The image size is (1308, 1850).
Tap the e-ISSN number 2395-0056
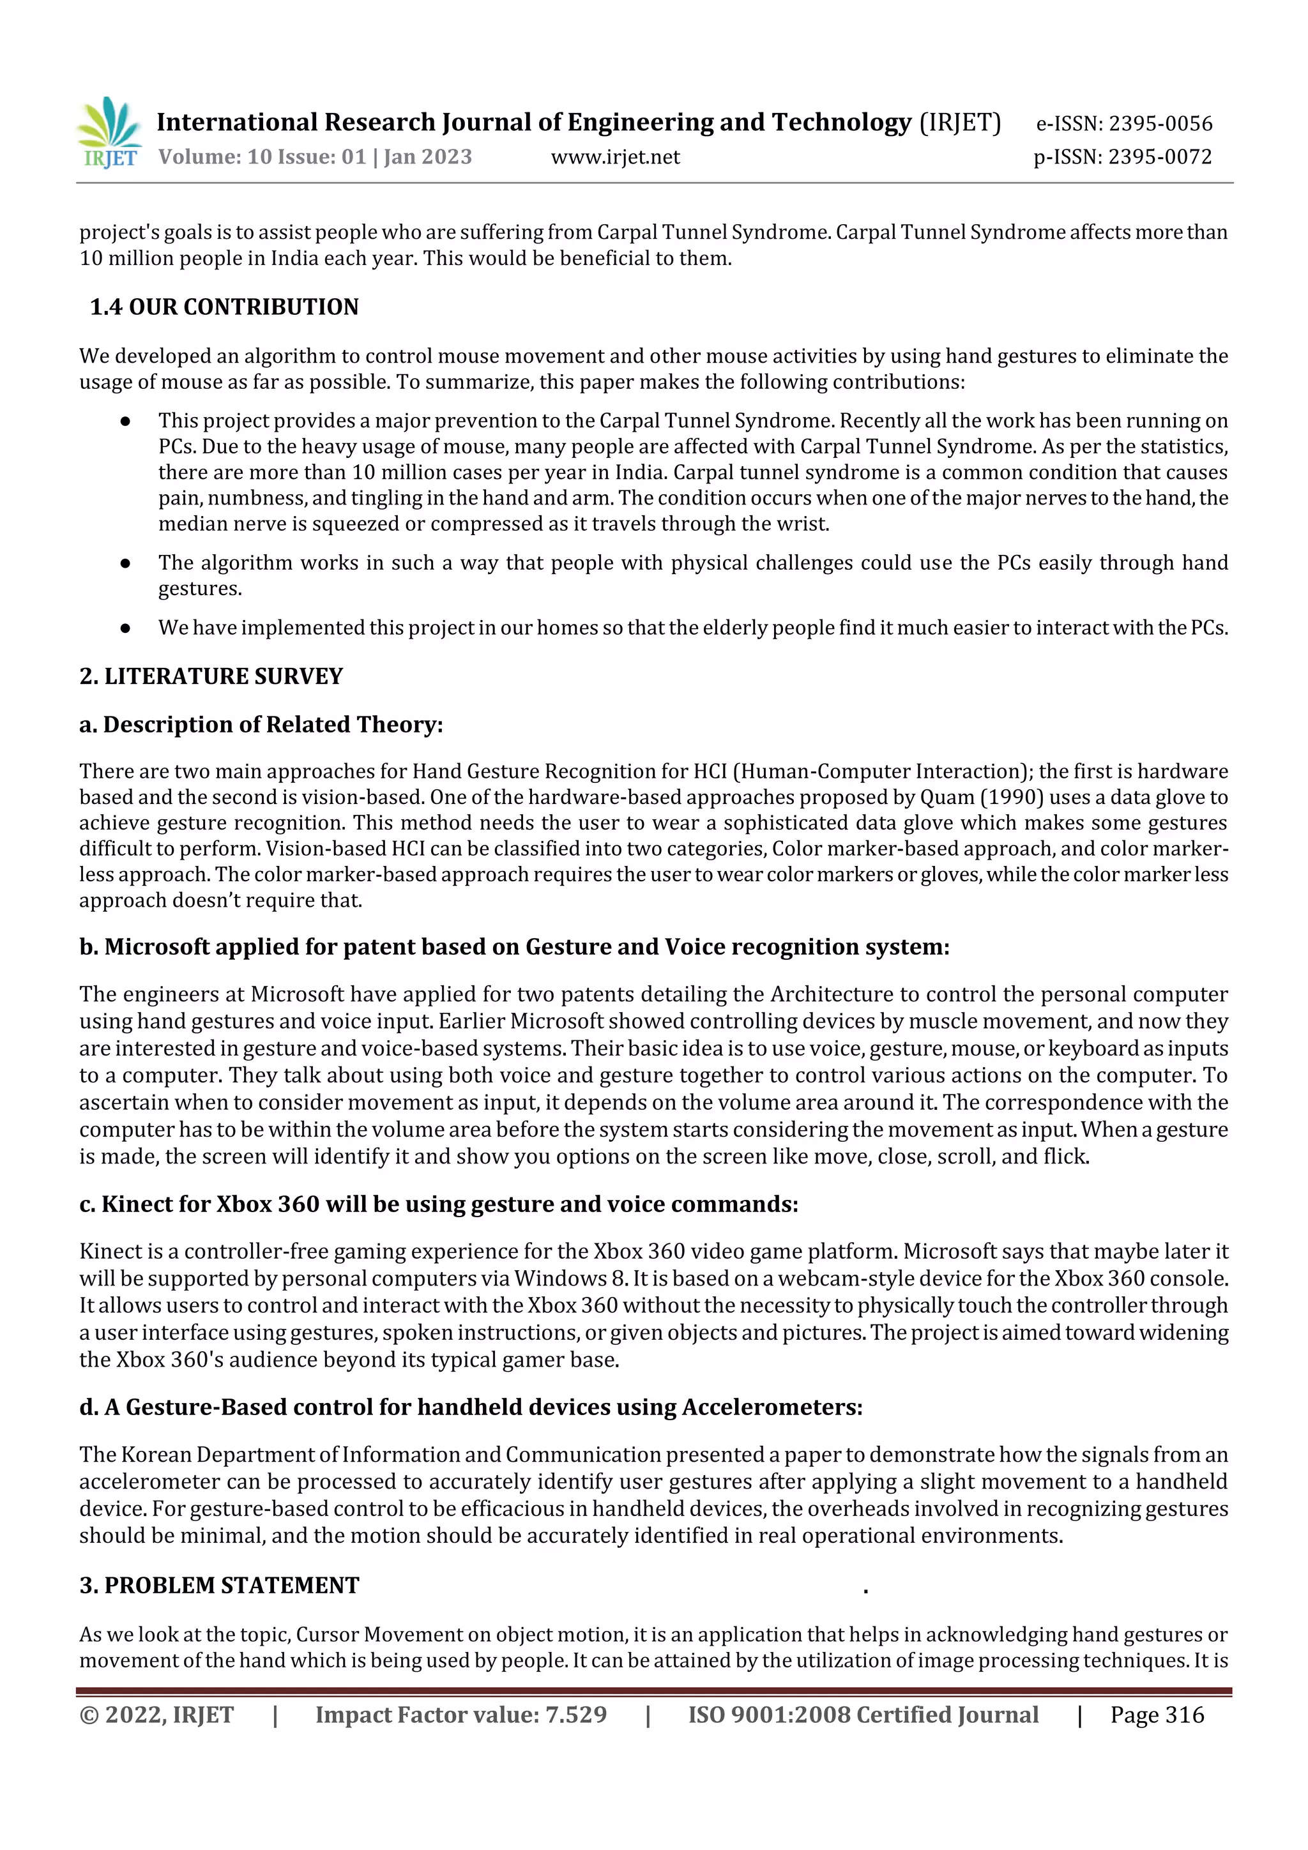click(1160, 123)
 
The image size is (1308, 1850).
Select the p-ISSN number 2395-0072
click(1160, 157)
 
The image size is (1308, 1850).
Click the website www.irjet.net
click(615, 157)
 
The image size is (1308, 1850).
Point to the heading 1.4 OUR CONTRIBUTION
click(224, 307)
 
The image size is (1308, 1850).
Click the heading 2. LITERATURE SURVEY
click(211, 676)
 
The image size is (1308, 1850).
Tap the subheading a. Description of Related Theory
click(261, 724)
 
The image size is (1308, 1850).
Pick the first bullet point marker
click(125, 421)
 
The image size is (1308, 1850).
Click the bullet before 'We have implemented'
click(125, 628)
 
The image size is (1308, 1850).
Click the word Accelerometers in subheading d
click(772, 1407)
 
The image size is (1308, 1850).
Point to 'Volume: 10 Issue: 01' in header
click(262, 157)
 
